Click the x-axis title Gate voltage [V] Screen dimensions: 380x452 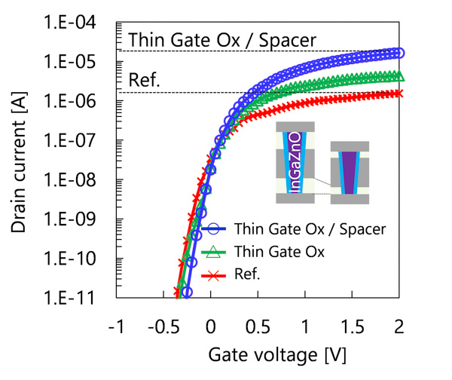(x=257, y=353)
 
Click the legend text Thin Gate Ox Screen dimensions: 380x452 (x=279, y=252)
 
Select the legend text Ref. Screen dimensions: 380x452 (x=248, y=275)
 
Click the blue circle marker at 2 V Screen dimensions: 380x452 (x=399, y=53)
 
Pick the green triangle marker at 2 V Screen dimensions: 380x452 (x=399, y=75)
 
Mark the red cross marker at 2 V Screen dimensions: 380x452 (x=399, y=93)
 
